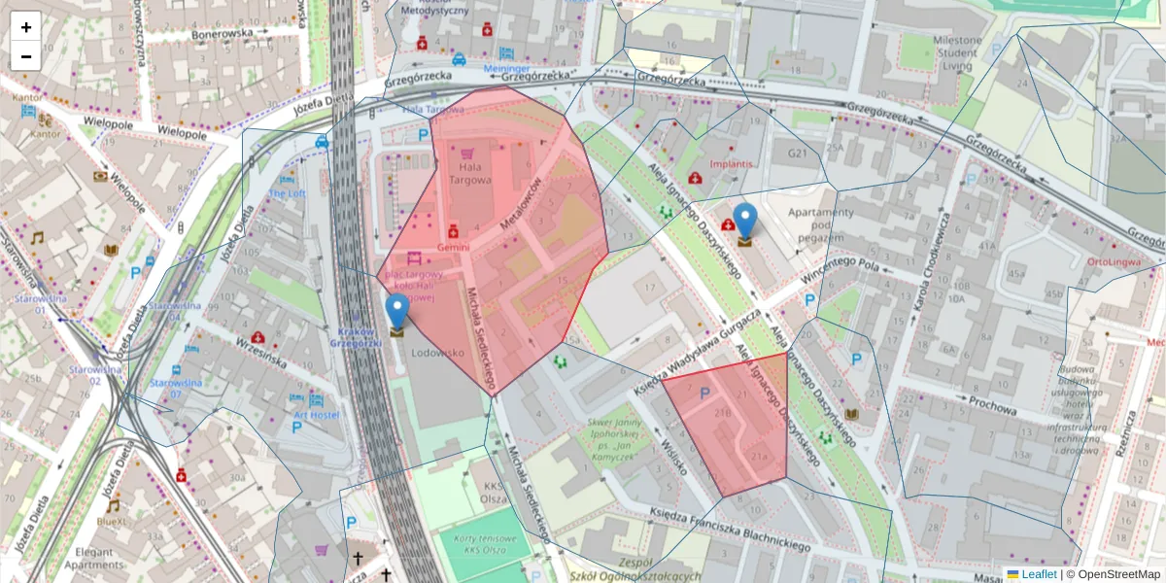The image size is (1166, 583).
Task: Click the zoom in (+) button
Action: [x=26, y=27]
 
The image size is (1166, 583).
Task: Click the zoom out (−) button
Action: [x=26, y=56]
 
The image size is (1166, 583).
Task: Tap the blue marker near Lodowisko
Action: [x=396, y=314]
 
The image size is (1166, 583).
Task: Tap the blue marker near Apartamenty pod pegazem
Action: [x=745, y=223]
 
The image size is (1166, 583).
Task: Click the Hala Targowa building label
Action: [x=469, y=173]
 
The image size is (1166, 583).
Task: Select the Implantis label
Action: [x=732, y=164]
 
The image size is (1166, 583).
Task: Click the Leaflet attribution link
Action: [x=1038, y=574]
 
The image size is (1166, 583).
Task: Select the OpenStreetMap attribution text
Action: [x=1113, y=574]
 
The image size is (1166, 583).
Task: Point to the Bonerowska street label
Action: [x=222, y=32]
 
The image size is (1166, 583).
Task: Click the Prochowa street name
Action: [x=992, y=404]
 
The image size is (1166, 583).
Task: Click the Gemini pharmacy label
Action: [x=453, y=247]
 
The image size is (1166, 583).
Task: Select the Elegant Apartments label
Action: [x=94, y=557]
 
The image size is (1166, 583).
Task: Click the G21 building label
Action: [x=798, y=154]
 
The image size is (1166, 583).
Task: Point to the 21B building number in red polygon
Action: [x=722, y=414]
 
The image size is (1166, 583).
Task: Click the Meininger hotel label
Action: [x=506, y=69]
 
